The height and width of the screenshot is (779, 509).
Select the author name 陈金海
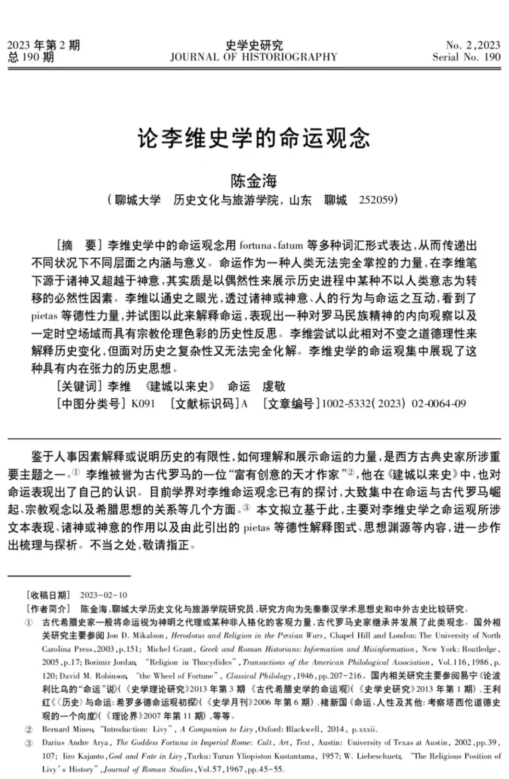click(254, 181)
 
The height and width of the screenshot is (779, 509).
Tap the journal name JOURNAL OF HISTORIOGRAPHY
click(254, 57)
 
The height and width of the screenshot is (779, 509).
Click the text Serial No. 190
click(466, 57)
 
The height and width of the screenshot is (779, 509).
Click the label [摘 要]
click(79, 246)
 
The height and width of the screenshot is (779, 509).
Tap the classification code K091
click(143, 404)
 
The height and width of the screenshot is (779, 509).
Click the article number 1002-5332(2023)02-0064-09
click(393, 404)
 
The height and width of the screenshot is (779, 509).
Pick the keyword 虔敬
click(274, 386)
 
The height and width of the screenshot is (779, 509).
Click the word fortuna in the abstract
click(255, 246)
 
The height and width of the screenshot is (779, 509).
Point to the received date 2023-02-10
click(103, 595)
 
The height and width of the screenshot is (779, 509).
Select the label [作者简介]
click(48, 609)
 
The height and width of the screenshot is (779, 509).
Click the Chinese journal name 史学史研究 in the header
click(254, 46)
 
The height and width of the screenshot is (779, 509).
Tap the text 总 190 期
click(31, 58)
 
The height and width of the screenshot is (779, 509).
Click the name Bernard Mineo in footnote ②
click(68, 729)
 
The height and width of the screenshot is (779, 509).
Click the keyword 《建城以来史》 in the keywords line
click(179, 386)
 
